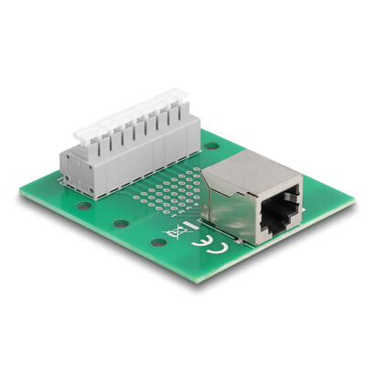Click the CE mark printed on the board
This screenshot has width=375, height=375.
203,247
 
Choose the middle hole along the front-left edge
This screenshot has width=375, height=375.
119,223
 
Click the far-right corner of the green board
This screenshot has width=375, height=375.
353,203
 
